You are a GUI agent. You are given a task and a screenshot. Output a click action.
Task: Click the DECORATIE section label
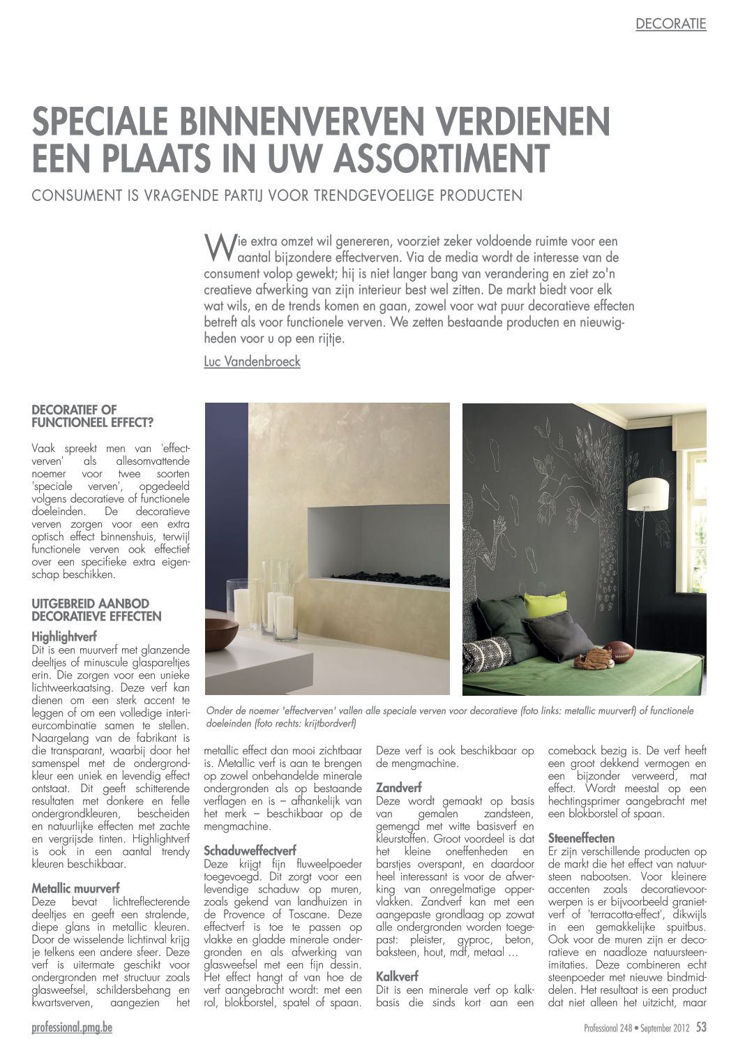tap(670, 24)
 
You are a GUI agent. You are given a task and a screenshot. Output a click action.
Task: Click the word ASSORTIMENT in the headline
tap(441, 158)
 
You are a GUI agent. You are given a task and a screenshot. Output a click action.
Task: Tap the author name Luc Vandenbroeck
tap(252, 361)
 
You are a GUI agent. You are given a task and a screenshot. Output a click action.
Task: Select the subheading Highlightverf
tap(64, 636)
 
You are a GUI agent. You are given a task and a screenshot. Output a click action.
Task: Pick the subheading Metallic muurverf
tap(75, 888)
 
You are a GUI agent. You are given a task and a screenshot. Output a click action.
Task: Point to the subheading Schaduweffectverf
tap(250, 851)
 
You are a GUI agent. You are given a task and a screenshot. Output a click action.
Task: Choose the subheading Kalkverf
tap(397, 976)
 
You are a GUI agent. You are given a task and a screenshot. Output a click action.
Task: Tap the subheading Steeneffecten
tap(581, 838)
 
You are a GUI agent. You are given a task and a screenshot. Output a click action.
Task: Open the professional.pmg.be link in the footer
tap(72, 1028)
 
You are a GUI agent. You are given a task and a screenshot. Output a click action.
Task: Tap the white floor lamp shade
tap(648, 494)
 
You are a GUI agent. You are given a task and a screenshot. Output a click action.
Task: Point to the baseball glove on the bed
tap(592, 657)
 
